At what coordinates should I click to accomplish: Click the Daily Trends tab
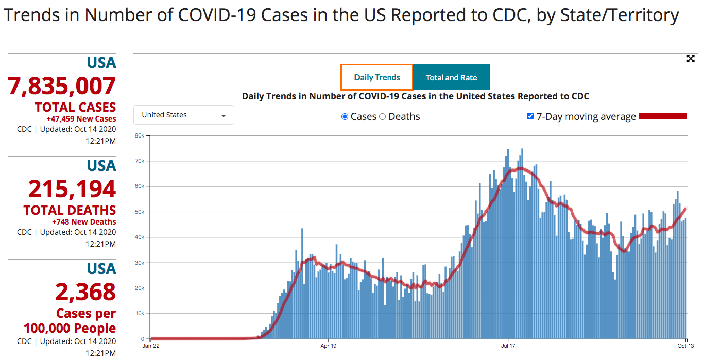pyautogui.click(x=377, y=77)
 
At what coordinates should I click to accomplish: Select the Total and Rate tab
pyautogui.click(x=451, y=77)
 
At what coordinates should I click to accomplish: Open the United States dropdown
pyautogui.click(x=184, y=115)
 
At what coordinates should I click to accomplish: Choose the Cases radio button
pyautogui.click(x=345, y=117)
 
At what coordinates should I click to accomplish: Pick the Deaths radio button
pyautogui.click(x=383, y=117)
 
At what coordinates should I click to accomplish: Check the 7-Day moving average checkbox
pyautogui.click(x=530, y=116)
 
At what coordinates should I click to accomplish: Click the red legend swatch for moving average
pyautogui.click(x=663, y=116)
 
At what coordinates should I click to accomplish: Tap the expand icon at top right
pyautogui.click(x=691, y=59)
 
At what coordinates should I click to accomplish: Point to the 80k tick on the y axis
pyautogui.click(x=139, y=135)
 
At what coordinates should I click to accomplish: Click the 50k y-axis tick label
pyautogui.click(x=139, y=212)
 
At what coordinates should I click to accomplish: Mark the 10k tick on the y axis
pyautogui.click(x=139, y=313)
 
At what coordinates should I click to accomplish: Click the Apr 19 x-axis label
pyautogui.click(x=328, y=346)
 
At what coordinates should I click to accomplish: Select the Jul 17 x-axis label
pyautogui.click(x=508, y=346)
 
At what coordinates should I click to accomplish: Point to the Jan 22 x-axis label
pyautogui.click(x=150, y=346)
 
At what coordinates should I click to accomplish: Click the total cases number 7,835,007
pyautogui.click(x=62, y=86)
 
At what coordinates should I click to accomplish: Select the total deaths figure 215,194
pyautogui.click(x=72, y=189)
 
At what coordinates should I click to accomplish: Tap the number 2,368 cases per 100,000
pyautogui.click(x=85, y=292)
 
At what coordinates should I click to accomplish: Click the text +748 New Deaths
pyautogui.click(x=84, y=222)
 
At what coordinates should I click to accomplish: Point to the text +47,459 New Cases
pyautogui.click(x=81, y=119)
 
